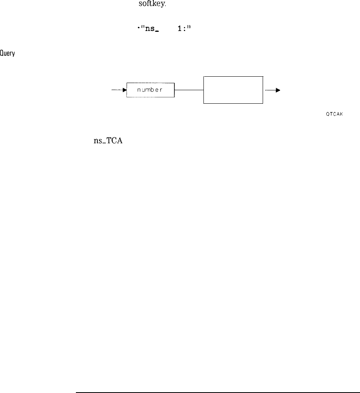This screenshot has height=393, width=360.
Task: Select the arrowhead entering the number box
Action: [x=124, y=91]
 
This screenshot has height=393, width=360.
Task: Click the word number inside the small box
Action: [x=150, y=90]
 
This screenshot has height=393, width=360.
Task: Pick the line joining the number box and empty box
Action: [x=189, y=90]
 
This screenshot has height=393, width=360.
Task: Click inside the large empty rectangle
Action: [x=233, y=90]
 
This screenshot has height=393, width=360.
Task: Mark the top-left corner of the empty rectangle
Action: [x=204, y=76]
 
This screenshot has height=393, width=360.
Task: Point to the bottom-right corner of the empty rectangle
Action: [x=263, y=103]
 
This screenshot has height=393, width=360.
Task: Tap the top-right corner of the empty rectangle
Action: [x=263, y=76]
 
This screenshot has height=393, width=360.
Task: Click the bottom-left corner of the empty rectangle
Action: [x=204, y=103]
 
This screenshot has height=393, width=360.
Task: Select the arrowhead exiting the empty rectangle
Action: [x=278, y=90]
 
